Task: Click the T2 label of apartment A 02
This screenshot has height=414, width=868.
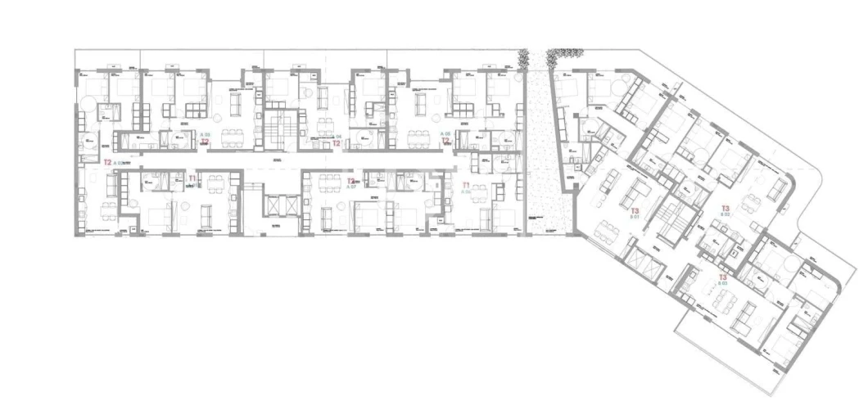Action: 107,163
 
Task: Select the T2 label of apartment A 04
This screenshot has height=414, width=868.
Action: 336,142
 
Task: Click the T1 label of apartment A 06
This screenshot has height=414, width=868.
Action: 465,186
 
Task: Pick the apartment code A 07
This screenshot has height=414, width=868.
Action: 351,187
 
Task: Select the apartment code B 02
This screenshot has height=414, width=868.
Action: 725,214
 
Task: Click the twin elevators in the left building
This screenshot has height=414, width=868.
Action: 275,205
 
